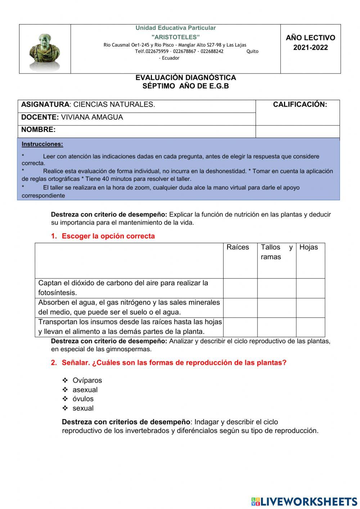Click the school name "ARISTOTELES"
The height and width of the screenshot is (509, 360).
click(175, 37)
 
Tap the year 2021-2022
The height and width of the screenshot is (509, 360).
click(310, 48)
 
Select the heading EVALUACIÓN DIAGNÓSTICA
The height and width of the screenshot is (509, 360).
click(185, 77)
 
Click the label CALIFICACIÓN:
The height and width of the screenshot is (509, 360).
click(300, 104)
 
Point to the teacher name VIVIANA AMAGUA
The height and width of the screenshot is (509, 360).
click(92, 117)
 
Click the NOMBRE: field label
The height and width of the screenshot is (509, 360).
click(39, 130)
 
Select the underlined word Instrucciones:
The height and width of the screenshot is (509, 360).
click(42, 144)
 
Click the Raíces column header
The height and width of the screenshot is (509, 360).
click(238, 247)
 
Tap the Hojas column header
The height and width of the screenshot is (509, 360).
click(309, 247)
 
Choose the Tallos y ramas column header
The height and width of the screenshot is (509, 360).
click(276, 252)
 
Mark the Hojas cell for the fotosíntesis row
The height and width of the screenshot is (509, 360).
click(310, 288)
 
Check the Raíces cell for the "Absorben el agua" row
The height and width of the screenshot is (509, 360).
click(240, 308)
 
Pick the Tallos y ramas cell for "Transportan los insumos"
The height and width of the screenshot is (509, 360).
click(276, 327)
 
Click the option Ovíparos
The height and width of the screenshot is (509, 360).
click(87, 380)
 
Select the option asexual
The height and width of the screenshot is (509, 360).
click(85, 390)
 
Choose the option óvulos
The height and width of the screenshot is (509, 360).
click(83, 399)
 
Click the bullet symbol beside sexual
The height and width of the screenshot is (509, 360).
click(65, 408)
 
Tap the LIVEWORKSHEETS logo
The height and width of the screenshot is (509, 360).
click(304, 501)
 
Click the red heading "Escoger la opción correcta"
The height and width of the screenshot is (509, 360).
click(108, 236)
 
